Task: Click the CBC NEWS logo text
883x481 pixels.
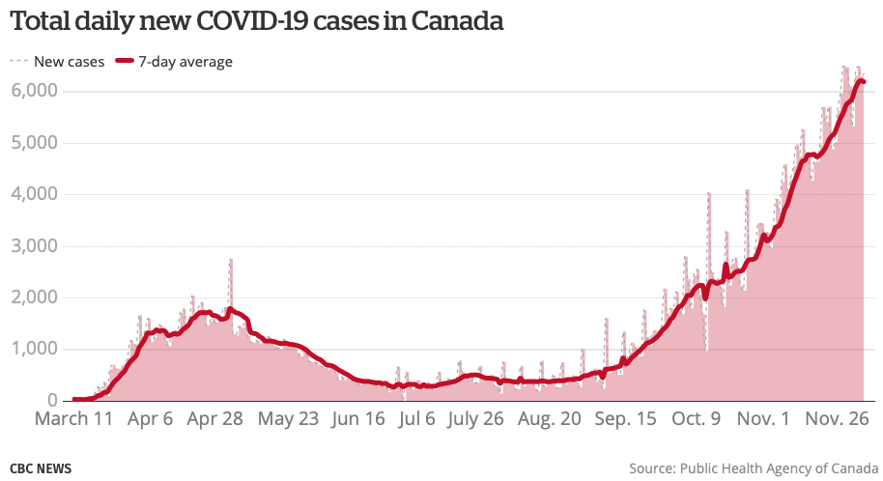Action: point(41,468)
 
